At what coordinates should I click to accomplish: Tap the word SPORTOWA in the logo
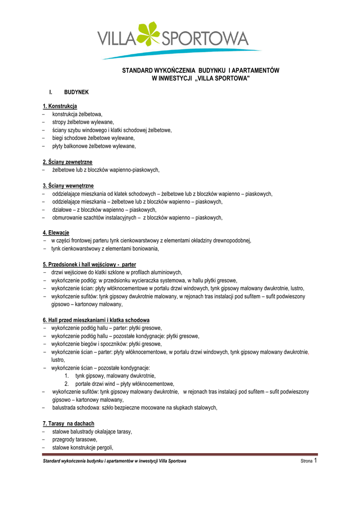[205, 38]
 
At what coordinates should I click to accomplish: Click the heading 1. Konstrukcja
[60, 106]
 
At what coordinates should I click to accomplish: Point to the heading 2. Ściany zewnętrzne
[68, 162]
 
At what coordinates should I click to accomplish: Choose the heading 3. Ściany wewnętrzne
[68, 186]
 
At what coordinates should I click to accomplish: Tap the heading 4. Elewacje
[56, 233]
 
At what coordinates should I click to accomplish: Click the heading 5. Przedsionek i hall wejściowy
[89, 264]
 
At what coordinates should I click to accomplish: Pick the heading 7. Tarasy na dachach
[69, 424]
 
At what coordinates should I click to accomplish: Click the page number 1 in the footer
[315, 460]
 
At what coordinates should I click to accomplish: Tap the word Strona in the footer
[306, 461]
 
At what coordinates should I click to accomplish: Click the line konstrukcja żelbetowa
[77, 114]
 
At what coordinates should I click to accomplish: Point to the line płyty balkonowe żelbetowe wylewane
[94, 146]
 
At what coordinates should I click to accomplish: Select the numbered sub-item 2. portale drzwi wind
[119, 383]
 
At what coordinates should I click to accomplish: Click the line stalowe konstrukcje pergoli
[83, 447]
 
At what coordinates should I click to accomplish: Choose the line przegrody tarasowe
[74, 440]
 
